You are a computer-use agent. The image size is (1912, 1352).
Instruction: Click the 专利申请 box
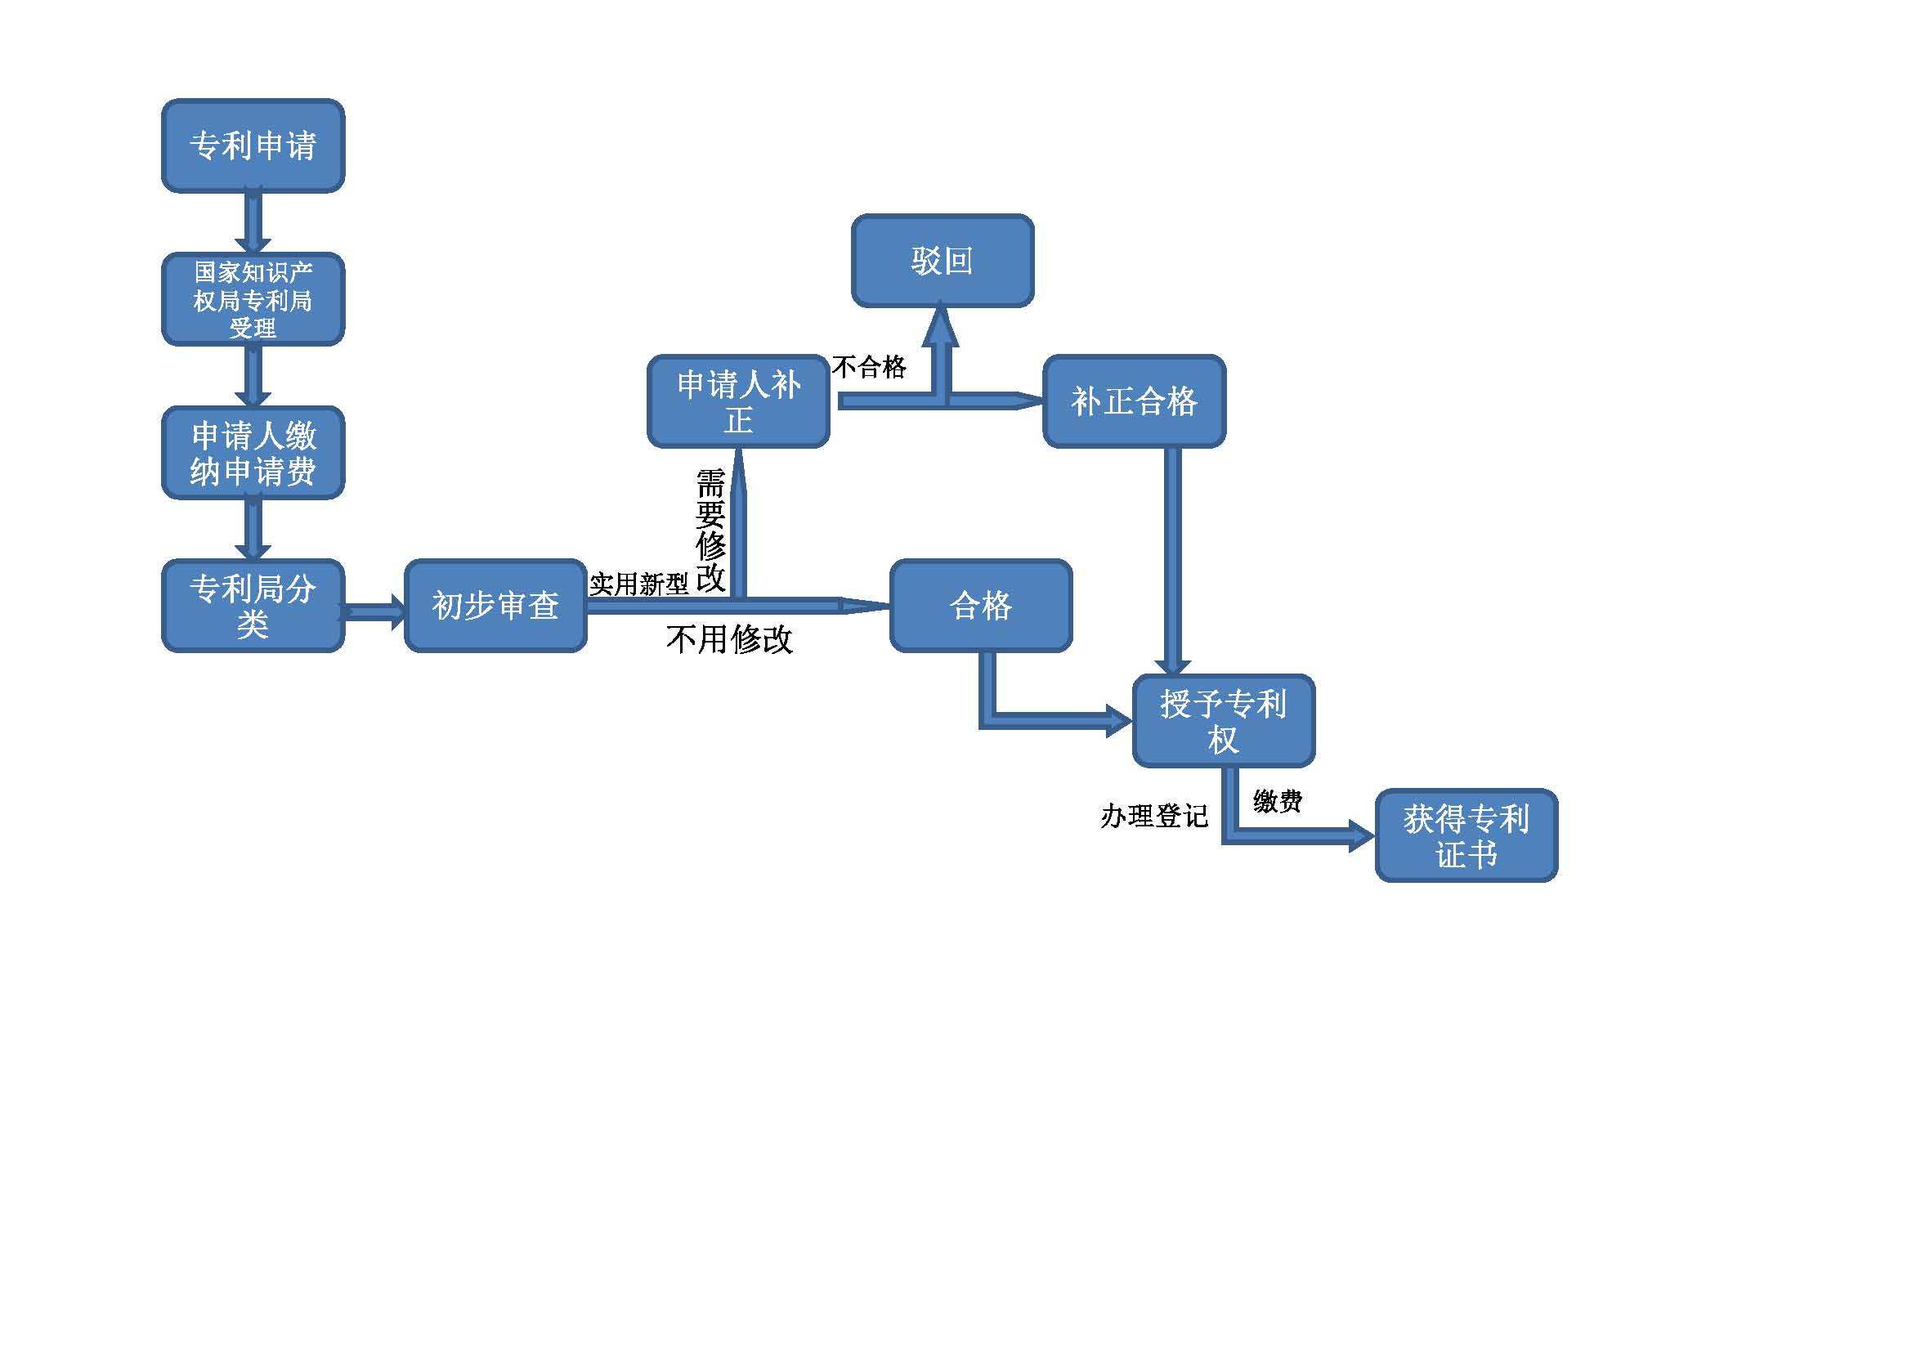pyautogui.click(x=253, y=145)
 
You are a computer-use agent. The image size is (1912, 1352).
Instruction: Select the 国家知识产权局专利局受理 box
pyautogui.click(x=253, y=299)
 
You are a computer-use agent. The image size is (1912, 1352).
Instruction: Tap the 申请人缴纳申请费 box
pyautogui.click(x=253, y=453)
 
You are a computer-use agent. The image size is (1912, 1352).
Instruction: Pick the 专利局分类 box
pyautogui.click(x=253, y=605)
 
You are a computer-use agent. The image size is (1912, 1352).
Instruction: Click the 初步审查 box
pyautogui.click(x=495, y=605)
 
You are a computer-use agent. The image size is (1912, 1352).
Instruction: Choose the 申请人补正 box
pyautogui.click(x=739, y=401)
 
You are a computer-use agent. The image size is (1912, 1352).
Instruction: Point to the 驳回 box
pyautogui.click(x=943, y=261)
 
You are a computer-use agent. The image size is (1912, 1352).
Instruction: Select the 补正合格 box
pyautogui.click(x=1135, y=401)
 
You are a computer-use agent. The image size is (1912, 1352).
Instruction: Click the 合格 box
pyautogui.click(x=981, y=605)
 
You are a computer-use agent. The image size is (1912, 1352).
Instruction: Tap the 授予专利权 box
pyautogui.click(x=1225, y=721)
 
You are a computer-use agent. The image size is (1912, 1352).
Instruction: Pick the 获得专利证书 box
pyautogui.click(x=1466, y=836)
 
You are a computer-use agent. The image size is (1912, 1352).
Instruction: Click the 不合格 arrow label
pyautogui.click(x=870, y=367)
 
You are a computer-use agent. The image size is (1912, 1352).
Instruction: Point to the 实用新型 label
pyautogui.click(x=638, y=584)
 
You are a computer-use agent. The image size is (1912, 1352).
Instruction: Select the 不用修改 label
pyautogui.click(x=729, y=639)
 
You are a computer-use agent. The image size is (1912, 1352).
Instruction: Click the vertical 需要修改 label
pyautogui.click(x=710, y=531)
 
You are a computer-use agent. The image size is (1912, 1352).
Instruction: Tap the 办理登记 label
pyautogui.click(x=1154, y=816)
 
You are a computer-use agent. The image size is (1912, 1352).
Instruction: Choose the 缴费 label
pyautogui.click(x=1278, y=801)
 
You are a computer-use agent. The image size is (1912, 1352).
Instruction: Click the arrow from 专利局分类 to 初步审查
pyautogui.click(x=374, y=613)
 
